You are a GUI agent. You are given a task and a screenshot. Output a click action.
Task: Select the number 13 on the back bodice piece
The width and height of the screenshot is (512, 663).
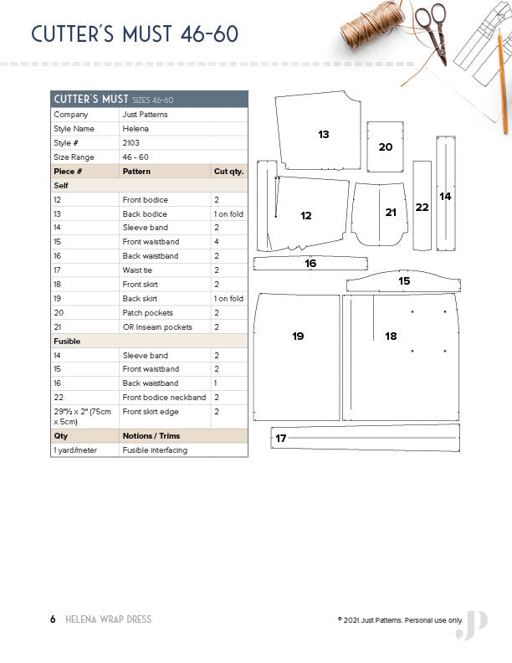[x=324, y=134]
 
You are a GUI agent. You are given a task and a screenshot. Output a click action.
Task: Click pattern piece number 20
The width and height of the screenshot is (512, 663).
[x=385, y=146]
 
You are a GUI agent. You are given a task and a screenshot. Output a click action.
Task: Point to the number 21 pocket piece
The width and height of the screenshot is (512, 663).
[x=391, y=213]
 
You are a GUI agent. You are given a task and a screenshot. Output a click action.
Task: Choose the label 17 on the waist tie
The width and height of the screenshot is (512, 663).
[x=281, y=438]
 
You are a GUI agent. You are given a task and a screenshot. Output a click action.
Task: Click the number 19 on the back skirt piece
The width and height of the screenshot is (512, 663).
[x=298, y=336]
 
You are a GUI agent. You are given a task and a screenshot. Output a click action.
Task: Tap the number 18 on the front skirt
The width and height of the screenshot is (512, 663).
[x=391, y=336]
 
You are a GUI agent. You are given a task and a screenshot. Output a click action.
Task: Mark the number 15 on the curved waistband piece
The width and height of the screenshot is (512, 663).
[x=404, y=281]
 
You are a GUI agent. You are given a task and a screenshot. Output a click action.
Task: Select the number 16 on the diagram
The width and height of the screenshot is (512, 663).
[x=310, y=263]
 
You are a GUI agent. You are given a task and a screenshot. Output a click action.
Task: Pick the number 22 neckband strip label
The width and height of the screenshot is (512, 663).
[x=422, y=207]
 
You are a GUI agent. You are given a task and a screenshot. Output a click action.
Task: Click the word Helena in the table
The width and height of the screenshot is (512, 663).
[x=134, y=129]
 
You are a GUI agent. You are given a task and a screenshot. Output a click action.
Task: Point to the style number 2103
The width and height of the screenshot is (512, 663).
[x=131, y=143]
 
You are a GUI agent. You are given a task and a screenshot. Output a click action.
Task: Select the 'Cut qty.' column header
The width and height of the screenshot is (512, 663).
[x=228, y=171]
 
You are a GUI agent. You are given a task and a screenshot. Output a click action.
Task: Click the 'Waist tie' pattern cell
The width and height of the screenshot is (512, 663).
[x=137, y=270]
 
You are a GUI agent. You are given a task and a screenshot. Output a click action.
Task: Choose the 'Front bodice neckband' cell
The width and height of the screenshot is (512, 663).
[x=164, y=398]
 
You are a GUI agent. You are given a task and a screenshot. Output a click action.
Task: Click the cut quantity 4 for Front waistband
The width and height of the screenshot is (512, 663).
[x=216, y=242]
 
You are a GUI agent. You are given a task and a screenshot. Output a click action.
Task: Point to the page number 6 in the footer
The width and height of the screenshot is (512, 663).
[x=53, y=619]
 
